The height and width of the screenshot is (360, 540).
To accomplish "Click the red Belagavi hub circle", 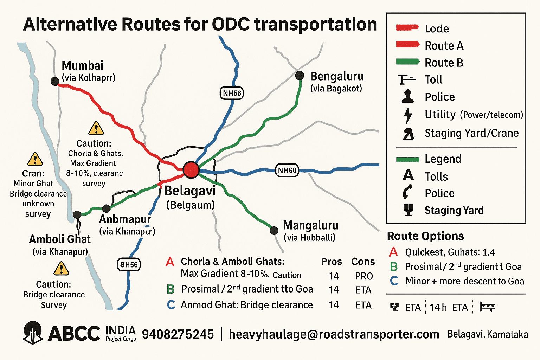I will click(191, 170).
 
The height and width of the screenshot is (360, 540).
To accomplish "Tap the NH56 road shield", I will click(232, 93).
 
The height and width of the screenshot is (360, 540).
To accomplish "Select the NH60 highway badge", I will click(287, 171).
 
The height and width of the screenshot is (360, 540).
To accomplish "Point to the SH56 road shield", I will click(129, 265).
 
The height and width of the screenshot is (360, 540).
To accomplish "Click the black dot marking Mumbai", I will click(55, 81).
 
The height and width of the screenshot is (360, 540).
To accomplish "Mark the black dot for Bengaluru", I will click(300, 75).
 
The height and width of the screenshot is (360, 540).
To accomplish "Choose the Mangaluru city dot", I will click(274, 231).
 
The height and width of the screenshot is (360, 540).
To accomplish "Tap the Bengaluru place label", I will click(336, 76).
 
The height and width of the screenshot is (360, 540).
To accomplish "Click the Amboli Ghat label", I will click(60, 239).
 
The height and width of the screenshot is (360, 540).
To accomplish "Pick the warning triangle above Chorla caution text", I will click(96, 129).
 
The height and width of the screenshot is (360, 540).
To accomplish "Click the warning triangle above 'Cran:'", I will click(35, 159).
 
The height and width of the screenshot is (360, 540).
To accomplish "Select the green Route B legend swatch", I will click(408, 62).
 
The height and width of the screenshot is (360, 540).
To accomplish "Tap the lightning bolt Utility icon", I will click(408, 115).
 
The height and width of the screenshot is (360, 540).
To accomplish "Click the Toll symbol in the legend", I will click(407, 80).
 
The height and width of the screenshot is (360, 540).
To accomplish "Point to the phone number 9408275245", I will click(178, 334).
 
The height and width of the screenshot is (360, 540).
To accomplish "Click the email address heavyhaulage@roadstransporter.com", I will click(334, 334).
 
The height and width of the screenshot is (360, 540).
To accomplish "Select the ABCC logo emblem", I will click(33, 333).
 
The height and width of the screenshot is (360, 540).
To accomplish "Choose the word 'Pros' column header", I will click(331, 262).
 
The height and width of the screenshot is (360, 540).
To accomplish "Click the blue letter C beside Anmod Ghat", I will click(171, 305).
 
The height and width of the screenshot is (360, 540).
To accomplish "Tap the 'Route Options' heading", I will click(425, 236).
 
